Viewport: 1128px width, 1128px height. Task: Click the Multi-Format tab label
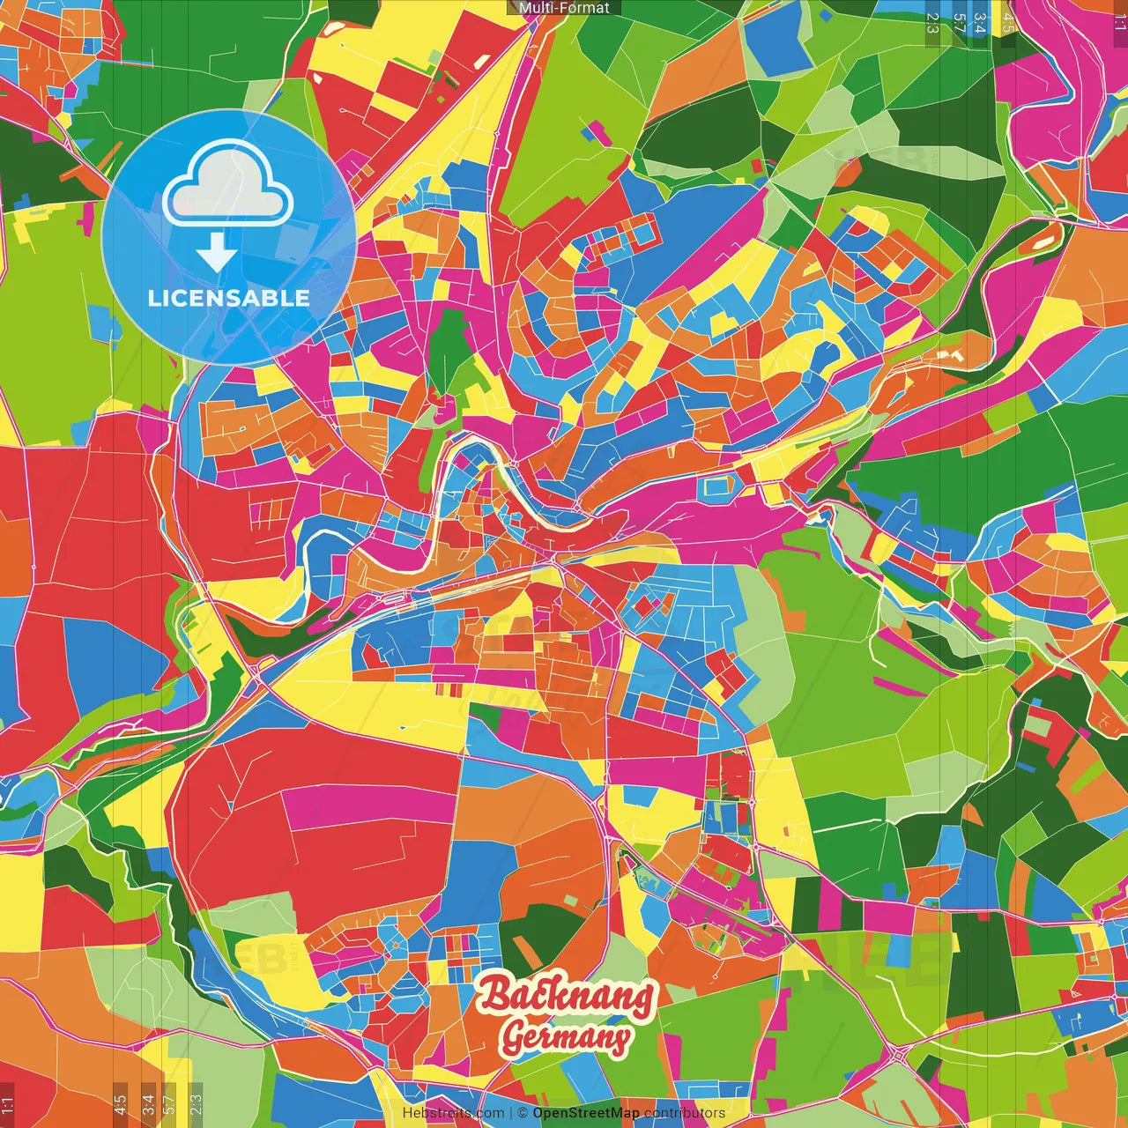tap(564, 8)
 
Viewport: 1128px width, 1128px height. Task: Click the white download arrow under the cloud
tap(216, 253)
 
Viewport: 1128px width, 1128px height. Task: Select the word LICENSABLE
tap(228, 298)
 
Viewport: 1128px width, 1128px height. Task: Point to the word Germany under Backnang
tap(566, 1037)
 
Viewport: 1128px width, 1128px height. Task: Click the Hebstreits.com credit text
tap(453, 1113)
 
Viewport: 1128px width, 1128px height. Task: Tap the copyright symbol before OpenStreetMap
tap(522, 1113)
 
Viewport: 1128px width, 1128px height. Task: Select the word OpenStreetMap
tap(585, 1113)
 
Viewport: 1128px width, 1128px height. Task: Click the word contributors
tap(685, 1113)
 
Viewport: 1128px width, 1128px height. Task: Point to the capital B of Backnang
tap(495, 994)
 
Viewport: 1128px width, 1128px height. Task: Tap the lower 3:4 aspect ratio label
tap(148, 1103)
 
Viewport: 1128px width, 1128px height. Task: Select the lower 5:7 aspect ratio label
tap(169, 1103)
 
